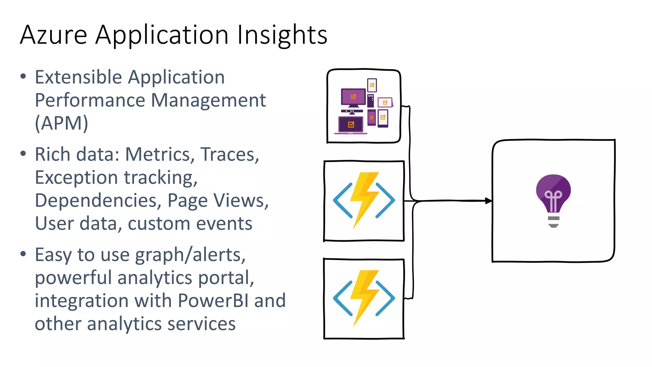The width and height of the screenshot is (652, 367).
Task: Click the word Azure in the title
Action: point(53,35)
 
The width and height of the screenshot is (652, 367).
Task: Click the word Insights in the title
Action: point(282,35)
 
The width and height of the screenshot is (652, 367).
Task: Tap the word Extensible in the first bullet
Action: point(78,77)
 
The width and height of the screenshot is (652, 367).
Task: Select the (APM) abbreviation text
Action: point(61,123)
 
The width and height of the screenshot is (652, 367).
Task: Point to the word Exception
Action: point(76,178)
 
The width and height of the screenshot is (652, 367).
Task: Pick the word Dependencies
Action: point(96,201)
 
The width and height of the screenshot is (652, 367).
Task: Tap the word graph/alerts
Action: point(190,255)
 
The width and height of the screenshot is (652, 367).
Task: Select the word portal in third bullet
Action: point(226,278)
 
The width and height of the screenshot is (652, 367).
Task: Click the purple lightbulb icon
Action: point(553,193)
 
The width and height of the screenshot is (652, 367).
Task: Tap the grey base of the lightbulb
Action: point(554,222)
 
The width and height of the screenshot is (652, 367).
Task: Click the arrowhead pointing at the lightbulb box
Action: point(488,201)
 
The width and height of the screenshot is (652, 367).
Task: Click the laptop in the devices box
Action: point(351,125)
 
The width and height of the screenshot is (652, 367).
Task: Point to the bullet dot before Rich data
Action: point(23,154)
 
